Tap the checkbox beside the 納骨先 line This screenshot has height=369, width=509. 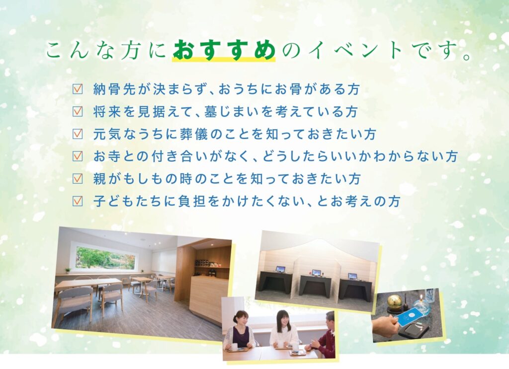pos(78,89)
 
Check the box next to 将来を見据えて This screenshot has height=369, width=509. pos(78,111)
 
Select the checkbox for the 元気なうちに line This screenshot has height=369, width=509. pos(78,134)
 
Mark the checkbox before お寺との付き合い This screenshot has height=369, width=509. pos(78,156)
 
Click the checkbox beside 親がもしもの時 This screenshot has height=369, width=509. pos(78,178)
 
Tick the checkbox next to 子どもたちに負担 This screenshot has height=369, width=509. pos(78,201)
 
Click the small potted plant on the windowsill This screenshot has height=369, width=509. pos(68,271)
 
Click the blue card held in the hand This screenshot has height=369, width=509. pos(409,316)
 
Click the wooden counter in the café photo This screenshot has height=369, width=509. pos(208,298)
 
